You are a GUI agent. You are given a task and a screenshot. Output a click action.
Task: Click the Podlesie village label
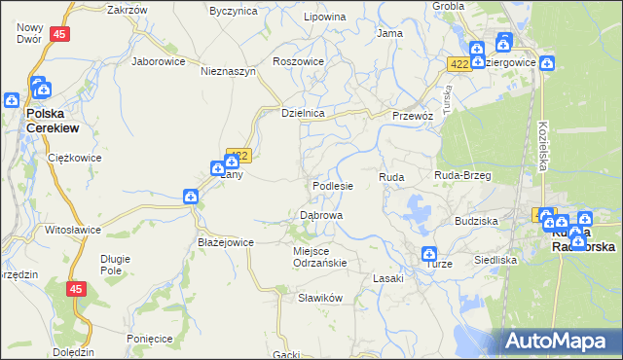pyautogui.click(x=332, y=185)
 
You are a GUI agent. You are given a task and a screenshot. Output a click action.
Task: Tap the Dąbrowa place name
pyautogui.click(x=320, y=214)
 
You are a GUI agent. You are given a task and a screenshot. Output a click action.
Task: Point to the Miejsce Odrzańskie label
pyautogui.click(x=320, y=256)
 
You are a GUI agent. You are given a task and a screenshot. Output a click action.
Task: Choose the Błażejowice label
pyautogui.click(x=226, y=242)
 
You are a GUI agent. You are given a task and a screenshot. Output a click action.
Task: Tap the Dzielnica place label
pyautogui.click(x=302, y=113)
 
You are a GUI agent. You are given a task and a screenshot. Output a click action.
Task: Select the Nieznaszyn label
pyautogui.click(x=228, y=71)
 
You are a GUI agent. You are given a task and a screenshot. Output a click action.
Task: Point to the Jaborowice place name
pyautogui.click(x=159, y=60)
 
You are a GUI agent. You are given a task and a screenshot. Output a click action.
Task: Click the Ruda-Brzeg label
pyautogui.click(x=462, y=175)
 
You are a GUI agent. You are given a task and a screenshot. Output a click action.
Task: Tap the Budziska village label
pyautogui.click(x=476, y=221)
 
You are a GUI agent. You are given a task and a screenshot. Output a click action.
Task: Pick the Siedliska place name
pyautogui.click(x=495, y=260)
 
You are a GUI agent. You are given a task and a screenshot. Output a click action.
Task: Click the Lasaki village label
pyautogui.click(x=388, y=278)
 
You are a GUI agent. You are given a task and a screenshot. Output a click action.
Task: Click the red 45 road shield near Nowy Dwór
pyautogui.click(x=60, y=34)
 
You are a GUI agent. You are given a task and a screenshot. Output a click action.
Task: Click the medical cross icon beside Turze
pyautogui.click(x=429, y=254)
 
